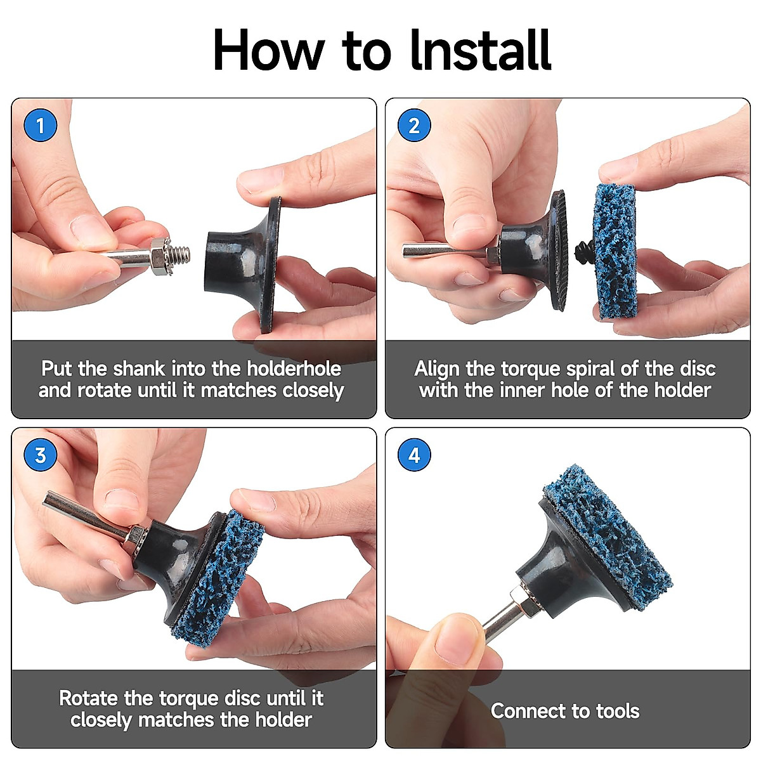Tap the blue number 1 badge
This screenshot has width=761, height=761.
pyautogui.click(x=41, y=126)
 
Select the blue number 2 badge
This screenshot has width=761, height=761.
pyautogui.click(x=414, y=126)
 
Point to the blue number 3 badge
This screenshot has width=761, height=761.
pyautogui.click(x=41, y=455)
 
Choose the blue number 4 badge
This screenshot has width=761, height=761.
pyautogui.click(x=414, y=455)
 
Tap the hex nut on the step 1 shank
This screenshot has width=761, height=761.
pyautogui.click(x=160, y=256)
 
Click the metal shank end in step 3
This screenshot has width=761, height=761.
pyautogui.click(x=48, y=498)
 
